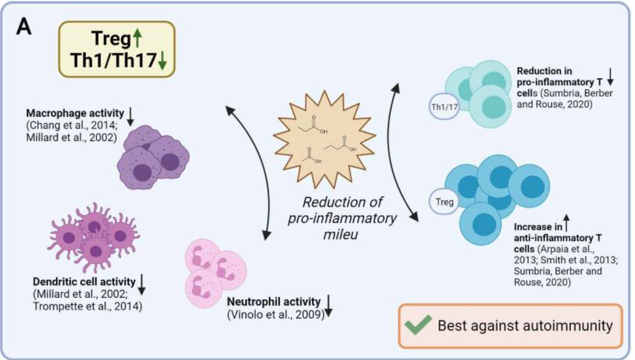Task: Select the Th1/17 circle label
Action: click(443, 106)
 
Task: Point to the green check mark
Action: click(419, 325)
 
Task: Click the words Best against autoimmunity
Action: click(525, 325)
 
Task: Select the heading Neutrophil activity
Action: click(274, 302)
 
